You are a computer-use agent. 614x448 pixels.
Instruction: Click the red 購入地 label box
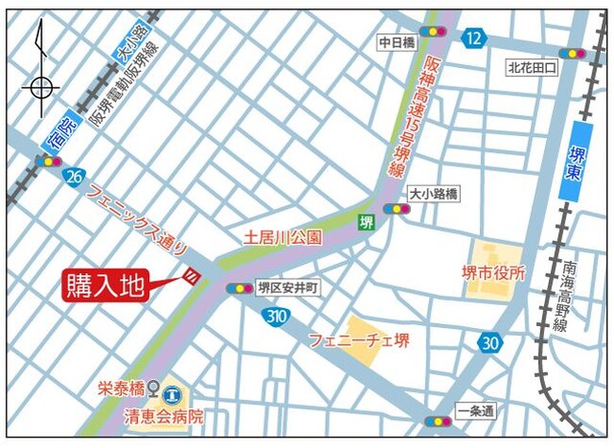(107, 285)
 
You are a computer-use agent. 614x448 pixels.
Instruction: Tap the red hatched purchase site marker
(191, 276)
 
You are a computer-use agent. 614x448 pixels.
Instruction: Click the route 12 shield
(474, 38)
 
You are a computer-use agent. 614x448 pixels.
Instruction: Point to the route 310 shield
(277, 315)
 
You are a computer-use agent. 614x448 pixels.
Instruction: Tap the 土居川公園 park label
(283, 237)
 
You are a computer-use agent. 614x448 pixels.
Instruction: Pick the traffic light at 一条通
(437, 422)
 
